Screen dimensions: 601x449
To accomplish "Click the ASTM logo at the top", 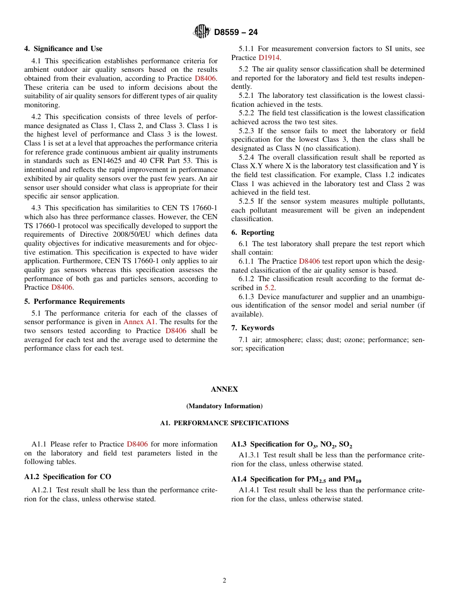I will click(201, 32).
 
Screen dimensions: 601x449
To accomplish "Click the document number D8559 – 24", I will click(236, 33).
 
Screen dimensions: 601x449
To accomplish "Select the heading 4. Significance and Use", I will click(63, 49).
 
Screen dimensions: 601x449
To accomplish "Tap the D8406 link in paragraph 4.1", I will click(206, 78).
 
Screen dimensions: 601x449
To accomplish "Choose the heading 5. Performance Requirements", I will click(75, 301).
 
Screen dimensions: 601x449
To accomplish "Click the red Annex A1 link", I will click(139, 322).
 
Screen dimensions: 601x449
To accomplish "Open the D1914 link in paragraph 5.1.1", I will click(269, 58).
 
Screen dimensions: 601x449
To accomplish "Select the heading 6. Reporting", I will click(253, 232).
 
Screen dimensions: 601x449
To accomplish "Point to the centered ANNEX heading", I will click(224, 389).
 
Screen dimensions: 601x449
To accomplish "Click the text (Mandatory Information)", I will click(224, 406).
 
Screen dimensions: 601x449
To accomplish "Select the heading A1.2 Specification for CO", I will click(68, 477).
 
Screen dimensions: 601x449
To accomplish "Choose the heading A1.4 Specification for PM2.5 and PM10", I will click(296, 480).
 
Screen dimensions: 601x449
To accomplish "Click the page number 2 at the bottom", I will click(224, 581).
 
